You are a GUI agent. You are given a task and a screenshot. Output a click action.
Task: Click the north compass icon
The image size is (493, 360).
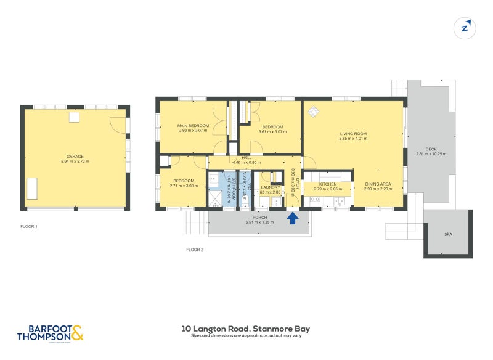pyautogui.click(x=466, y=27)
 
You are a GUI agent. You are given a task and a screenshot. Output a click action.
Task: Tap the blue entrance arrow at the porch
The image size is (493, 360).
pyautogui.click(x=293, y=218)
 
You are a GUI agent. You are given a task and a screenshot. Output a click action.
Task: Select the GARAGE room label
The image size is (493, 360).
pyautogui.click(x=75, y=157)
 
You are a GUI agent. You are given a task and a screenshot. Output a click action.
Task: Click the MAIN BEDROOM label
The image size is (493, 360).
pyautogui.click(x=194, y=126)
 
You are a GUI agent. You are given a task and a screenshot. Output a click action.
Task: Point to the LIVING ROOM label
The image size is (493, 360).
pyautogui.click(x=353, y=134)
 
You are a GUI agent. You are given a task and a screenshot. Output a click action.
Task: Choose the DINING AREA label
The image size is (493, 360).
pyautogui.click(x=377, y=184)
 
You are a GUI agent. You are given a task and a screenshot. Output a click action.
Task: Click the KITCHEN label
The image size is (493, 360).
pyautogui.click(x=328, y=184)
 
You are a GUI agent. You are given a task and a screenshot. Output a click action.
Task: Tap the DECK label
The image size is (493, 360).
pyautogui.click(x=431, y=149)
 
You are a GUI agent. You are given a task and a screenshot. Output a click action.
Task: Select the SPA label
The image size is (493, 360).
pyautogui.click(x=448, y=235)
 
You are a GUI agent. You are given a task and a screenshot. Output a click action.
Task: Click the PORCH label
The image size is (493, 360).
pyautogui.click(x=259, y=218)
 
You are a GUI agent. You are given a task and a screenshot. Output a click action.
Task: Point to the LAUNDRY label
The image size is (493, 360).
pyautogui.click(x=271, y=187)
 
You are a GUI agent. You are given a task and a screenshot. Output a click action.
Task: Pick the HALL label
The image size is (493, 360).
pyautogui.click(x=246, y=158)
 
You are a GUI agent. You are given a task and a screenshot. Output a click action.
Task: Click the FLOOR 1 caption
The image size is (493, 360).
pyautogui.click(x=29, y=227)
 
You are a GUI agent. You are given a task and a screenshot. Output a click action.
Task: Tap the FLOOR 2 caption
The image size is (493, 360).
pyautogui.click(x=195, y=250)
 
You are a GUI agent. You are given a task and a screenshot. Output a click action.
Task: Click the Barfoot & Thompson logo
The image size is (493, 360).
pyautogui.click(x=50, y=333)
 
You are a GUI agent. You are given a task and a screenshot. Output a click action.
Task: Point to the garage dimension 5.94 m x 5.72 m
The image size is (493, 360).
pyautogui.click(x=75, y=162)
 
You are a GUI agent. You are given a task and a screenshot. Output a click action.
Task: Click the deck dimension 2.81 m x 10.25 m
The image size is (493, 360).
pyautogui.click(x=431, y=154)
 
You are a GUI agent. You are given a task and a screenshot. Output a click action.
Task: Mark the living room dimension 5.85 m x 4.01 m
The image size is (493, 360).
pyautogui.click(x=353, y=139)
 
